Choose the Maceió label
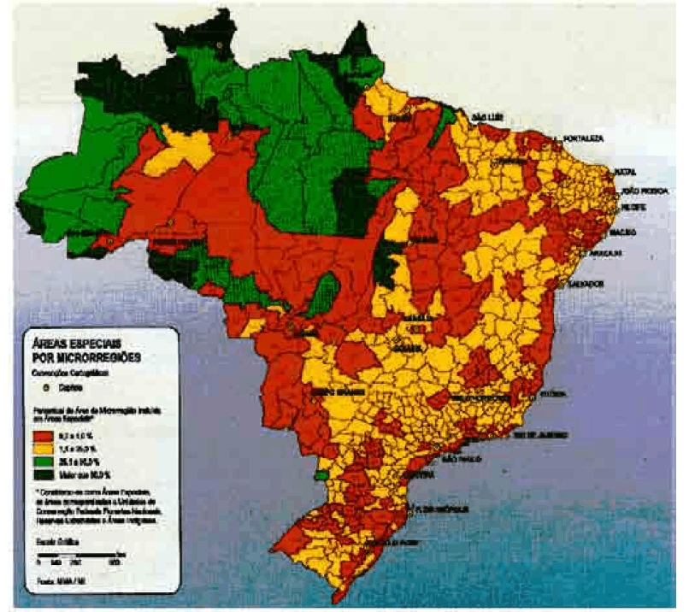pos(626,232)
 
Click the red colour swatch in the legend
pos(44,436)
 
